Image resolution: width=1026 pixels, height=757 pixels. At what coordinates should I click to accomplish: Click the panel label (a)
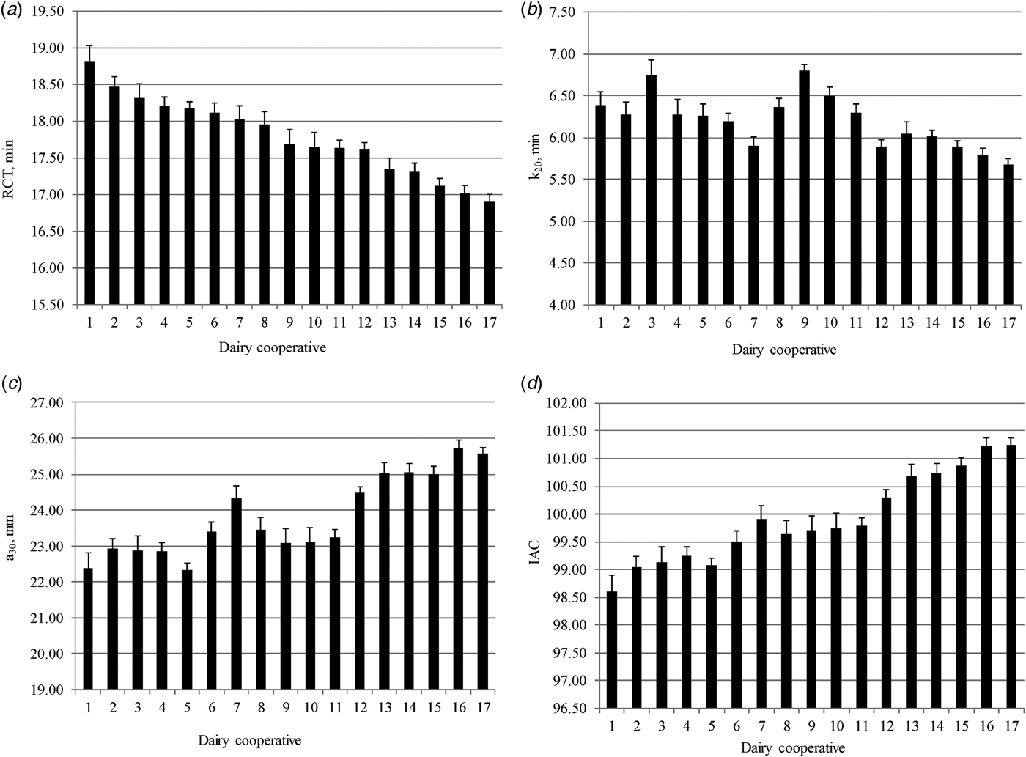click(12, 10)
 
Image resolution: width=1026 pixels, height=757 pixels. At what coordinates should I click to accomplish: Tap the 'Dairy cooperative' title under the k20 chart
click(783, 350)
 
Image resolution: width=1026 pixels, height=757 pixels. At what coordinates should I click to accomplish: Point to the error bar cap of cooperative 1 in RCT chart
click(89, 45)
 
